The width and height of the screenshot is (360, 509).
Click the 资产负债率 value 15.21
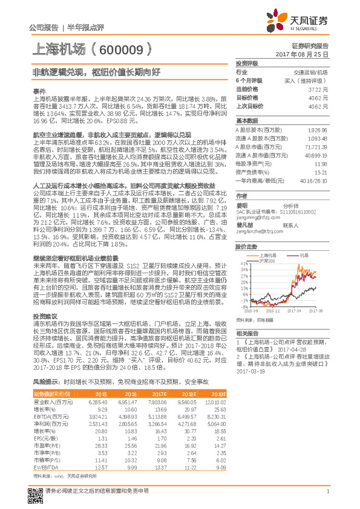[321, 172]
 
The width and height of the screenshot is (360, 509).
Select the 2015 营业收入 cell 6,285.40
[98, 401]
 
